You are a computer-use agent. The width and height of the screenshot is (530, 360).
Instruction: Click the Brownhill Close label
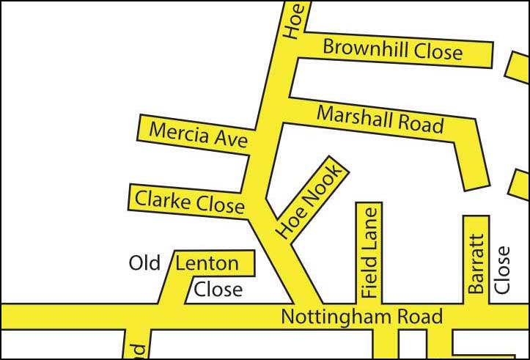pyautogui.click(x=393, y=50)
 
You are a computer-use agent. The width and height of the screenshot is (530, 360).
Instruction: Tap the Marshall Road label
pyautogui.click(x=380, y=120)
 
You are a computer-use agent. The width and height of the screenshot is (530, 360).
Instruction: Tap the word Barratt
pyautogui.click(x=476, y=264)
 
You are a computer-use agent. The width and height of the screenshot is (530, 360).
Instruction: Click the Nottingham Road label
pyautogui.click(x=362, y=317)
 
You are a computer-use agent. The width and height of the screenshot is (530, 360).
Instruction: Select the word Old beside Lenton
pyautogui.click(x=144, y=263)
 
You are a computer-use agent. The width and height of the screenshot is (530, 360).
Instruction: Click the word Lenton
pyautogui.click(x=207, y=263)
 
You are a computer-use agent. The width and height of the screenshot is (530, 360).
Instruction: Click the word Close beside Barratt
pyautogui.click(x=502, y=269)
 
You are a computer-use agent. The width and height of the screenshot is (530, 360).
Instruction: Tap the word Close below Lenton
pyautogui.click(x=218, y=289)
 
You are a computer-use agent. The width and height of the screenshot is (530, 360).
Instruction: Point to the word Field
pyautogui.click(x=369, y=279)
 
